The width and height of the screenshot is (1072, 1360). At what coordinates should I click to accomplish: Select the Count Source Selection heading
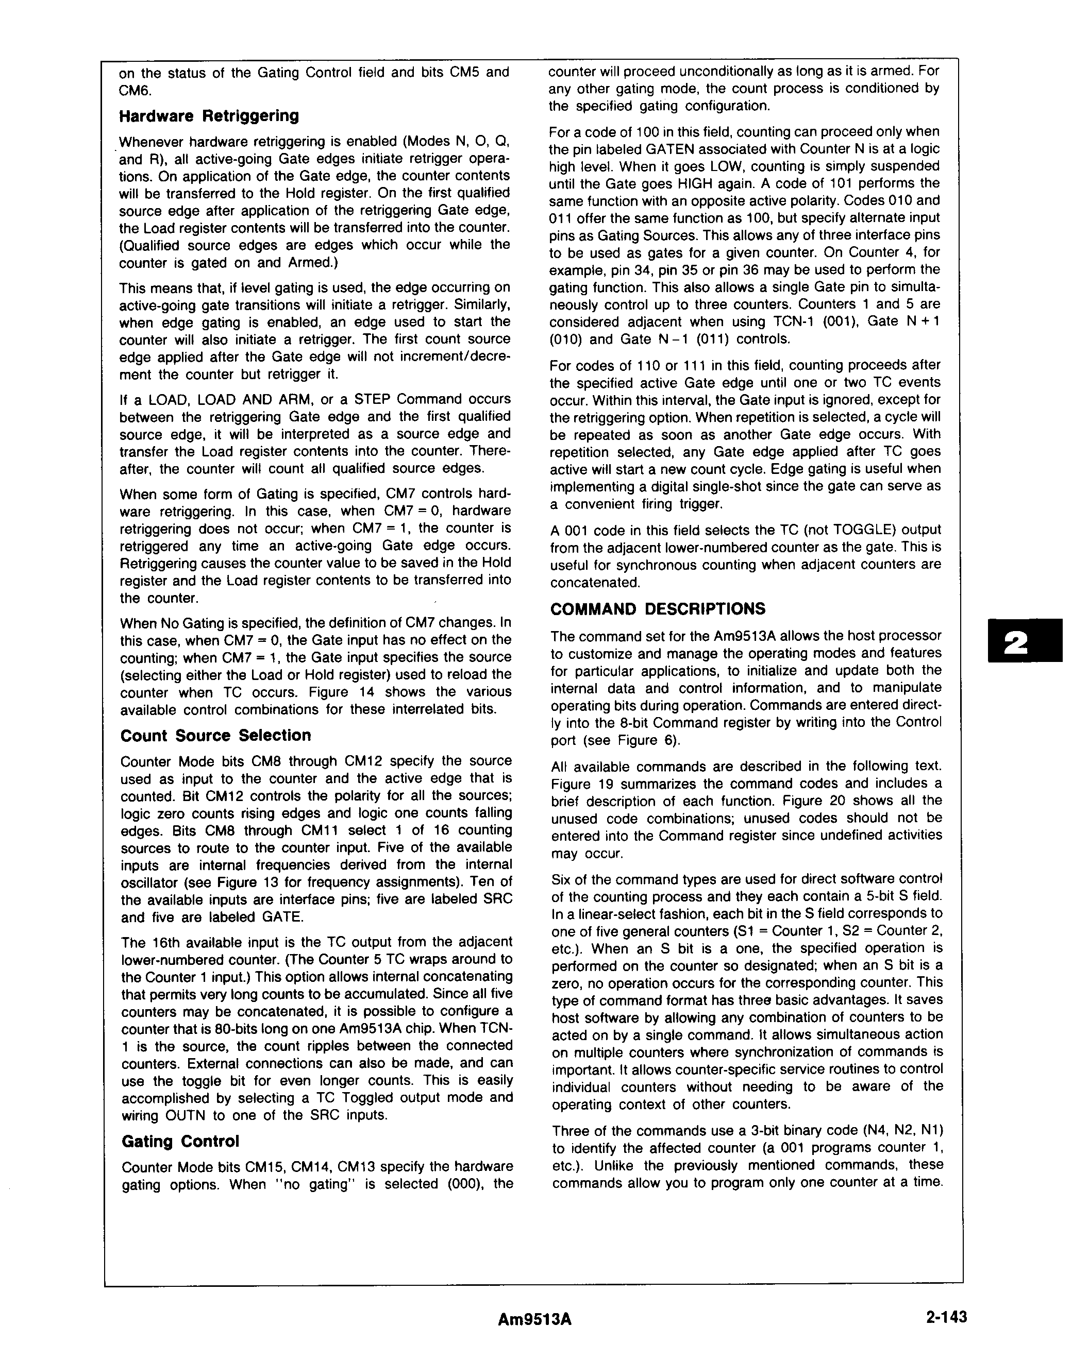tap(215, 735)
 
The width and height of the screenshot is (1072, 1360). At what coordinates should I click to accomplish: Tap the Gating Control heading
tap(180, 1141)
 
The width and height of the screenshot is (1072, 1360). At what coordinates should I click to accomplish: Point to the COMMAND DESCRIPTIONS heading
tap(658, 609)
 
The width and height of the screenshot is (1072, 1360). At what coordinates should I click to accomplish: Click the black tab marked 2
tap(1024, 640)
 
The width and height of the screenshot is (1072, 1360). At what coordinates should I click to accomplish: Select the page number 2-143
tap(946, 1317)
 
